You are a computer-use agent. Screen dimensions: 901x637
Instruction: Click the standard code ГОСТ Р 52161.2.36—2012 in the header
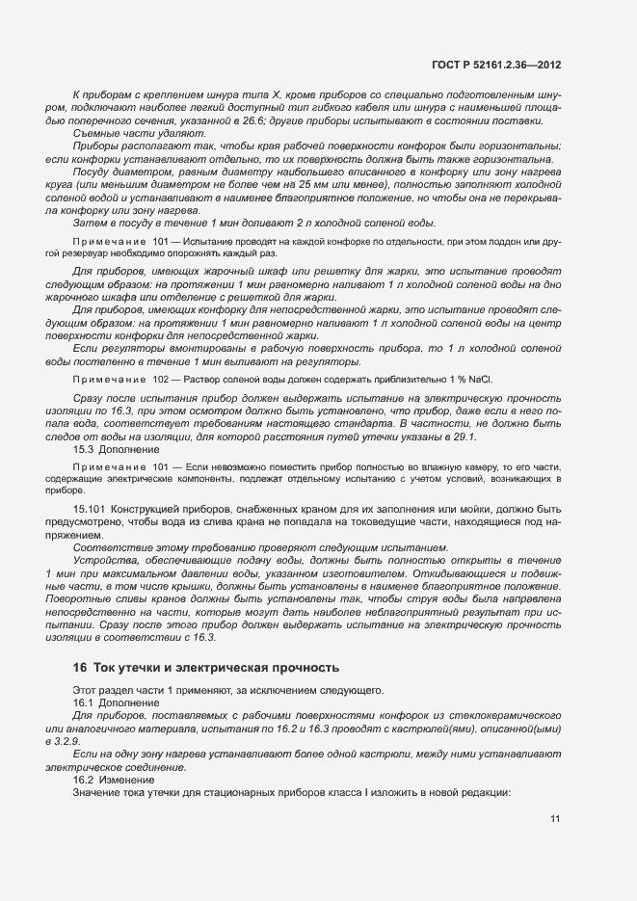[496, 64]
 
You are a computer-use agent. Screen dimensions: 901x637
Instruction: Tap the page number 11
[556, 819]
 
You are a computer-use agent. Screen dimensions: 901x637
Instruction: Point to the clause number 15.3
[83, 450]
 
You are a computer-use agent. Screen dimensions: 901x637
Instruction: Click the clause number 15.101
[89, 508]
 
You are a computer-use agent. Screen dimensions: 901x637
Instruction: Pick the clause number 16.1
[83, 702]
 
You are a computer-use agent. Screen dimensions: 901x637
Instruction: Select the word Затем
[90, 222]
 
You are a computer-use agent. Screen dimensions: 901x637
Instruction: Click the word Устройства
[103, 561]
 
